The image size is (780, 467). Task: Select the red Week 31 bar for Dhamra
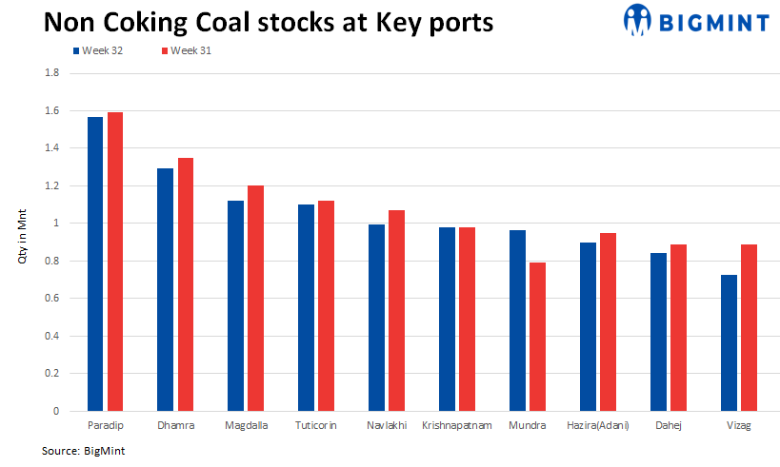click(x=186, y=284)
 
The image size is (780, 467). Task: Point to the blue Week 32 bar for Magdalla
click(x=235, y=305)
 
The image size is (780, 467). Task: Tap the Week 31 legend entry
click(x=187, y=51)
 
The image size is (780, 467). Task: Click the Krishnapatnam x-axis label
click(x=456, y=425)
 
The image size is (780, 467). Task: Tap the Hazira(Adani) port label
click(x=597, y=425)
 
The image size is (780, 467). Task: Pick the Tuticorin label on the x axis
click(x=316, y=425)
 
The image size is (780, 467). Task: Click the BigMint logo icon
click(x=637, y=18)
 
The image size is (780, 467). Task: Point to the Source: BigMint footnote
click(x=83, y=451)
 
